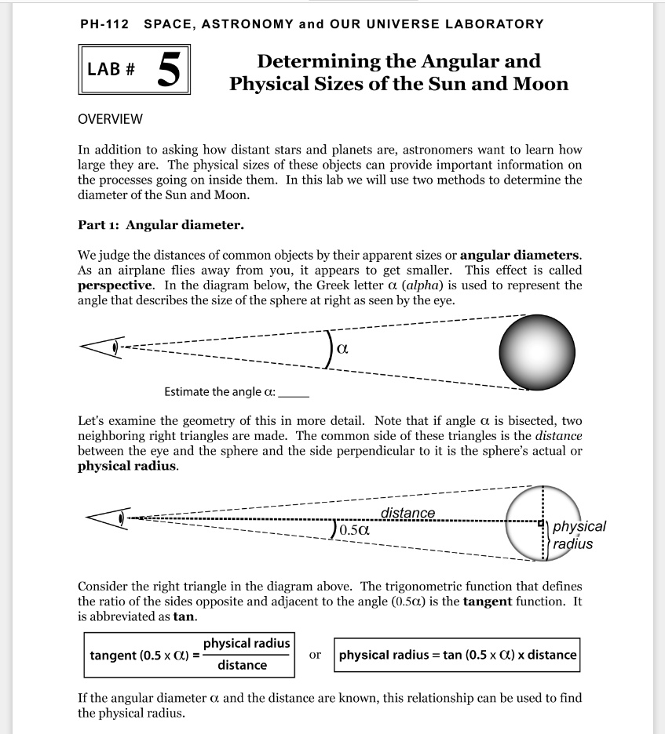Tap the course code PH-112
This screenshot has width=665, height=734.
point(105,24)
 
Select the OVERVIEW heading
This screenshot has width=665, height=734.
point(110,119)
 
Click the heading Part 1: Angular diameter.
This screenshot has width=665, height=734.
point(161,225)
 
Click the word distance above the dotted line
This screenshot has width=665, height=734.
point(407,513)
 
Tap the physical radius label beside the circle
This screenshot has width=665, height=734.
point(579,535)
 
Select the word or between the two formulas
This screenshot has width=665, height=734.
point(315,654)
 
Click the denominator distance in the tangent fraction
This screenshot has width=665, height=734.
point(242,666)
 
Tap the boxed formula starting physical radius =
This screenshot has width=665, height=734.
point(457,655)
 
